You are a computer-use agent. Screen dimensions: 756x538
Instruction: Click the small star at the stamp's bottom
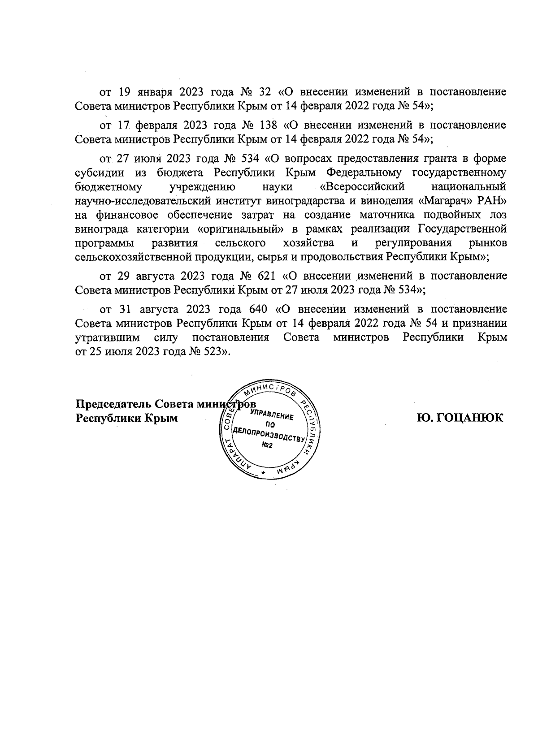click(x=263, y=473)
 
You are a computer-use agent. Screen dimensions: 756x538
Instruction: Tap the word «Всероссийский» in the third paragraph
click(x=366, y=186)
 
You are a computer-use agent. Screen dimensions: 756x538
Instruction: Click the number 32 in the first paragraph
click(x=265, y=92)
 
